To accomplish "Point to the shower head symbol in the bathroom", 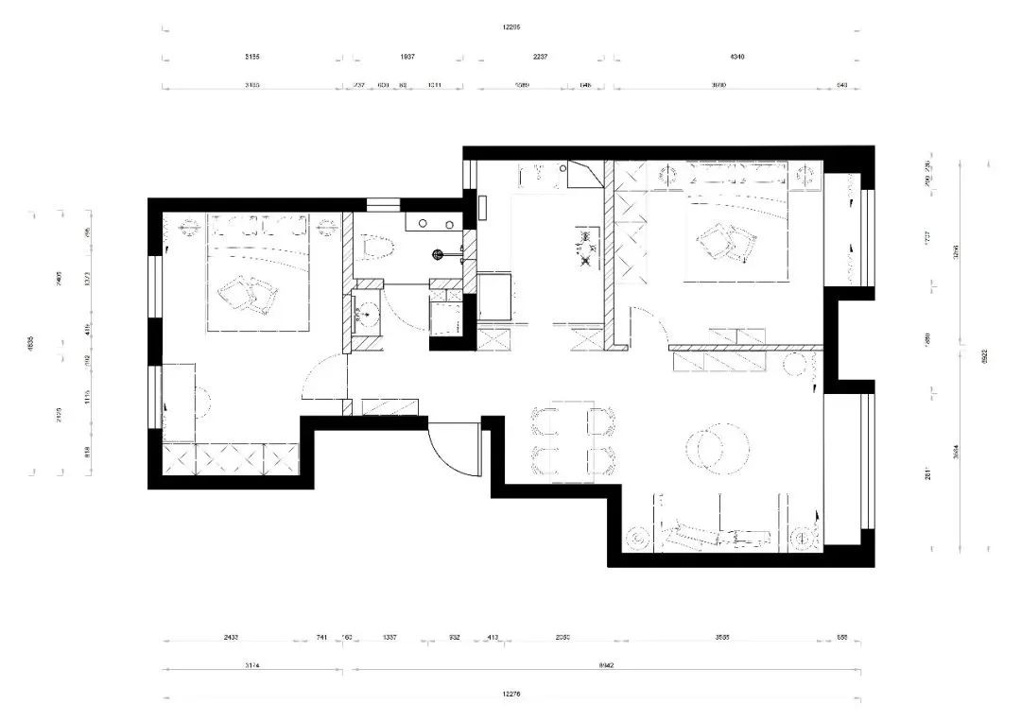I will [x=438, y=253].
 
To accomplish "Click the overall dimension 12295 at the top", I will [x=511, y=27].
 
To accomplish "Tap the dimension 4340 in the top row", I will [x=737, y=57].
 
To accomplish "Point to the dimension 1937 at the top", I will [x=407, y=57].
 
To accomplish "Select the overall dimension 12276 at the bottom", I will [x=511, y=695].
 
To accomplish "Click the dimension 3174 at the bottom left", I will [x=252, y=665].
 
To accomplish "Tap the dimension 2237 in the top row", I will [x=540, y=57].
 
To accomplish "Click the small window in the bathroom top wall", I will [x=383, y=203].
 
